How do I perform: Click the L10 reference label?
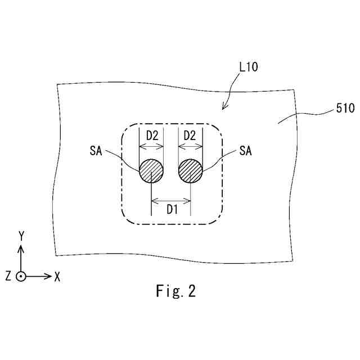(x=248, y=67)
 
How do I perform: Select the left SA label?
(x=95, y=151)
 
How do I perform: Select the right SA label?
(x=245, y=151)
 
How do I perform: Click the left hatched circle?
(x=151, y=170)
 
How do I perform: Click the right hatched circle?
(x=191, y=170)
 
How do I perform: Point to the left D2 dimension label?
(x=152, y=136)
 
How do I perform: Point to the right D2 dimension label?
(x=190, y=136)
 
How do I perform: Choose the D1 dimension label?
(x=172, y=210)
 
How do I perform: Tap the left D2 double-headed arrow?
(x=151, y=146)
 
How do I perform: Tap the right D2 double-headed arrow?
(x=190, y=146)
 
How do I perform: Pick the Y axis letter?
(x=21, y=236)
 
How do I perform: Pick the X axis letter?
(x=57, y=276)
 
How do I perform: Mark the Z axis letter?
(x=8, y=276)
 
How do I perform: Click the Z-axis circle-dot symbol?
(x=21, y=276)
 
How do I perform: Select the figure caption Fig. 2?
(x=175, y=291)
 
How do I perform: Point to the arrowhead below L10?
(x=224, y=106)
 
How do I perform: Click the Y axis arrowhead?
(x=21, y=248)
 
